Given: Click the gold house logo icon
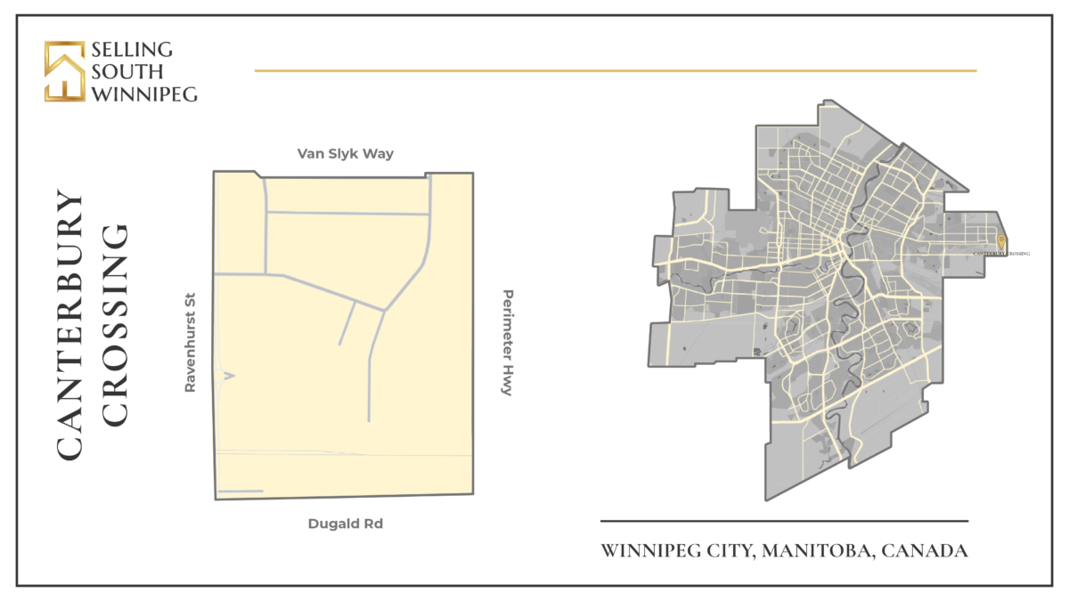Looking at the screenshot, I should (65, 71).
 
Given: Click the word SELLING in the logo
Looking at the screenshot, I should (133, 50).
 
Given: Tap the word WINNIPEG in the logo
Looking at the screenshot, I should (143, 93).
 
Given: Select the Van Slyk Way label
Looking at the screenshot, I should (346, 154).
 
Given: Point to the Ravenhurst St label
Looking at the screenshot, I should (189, 345).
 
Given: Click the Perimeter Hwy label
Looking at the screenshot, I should (507, 343).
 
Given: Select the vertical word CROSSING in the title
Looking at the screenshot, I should (115, 325).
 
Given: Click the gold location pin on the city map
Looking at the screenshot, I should (1001, 242).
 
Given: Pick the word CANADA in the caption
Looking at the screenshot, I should (926, 551).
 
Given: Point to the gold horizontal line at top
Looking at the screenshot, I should (615, 70).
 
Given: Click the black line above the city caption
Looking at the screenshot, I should (784, 521).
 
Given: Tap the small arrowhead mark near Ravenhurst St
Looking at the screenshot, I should (229, 377).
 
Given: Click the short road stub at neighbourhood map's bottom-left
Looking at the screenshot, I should (241, 491).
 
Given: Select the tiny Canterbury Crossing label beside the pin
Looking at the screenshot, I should (1002, 254).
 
